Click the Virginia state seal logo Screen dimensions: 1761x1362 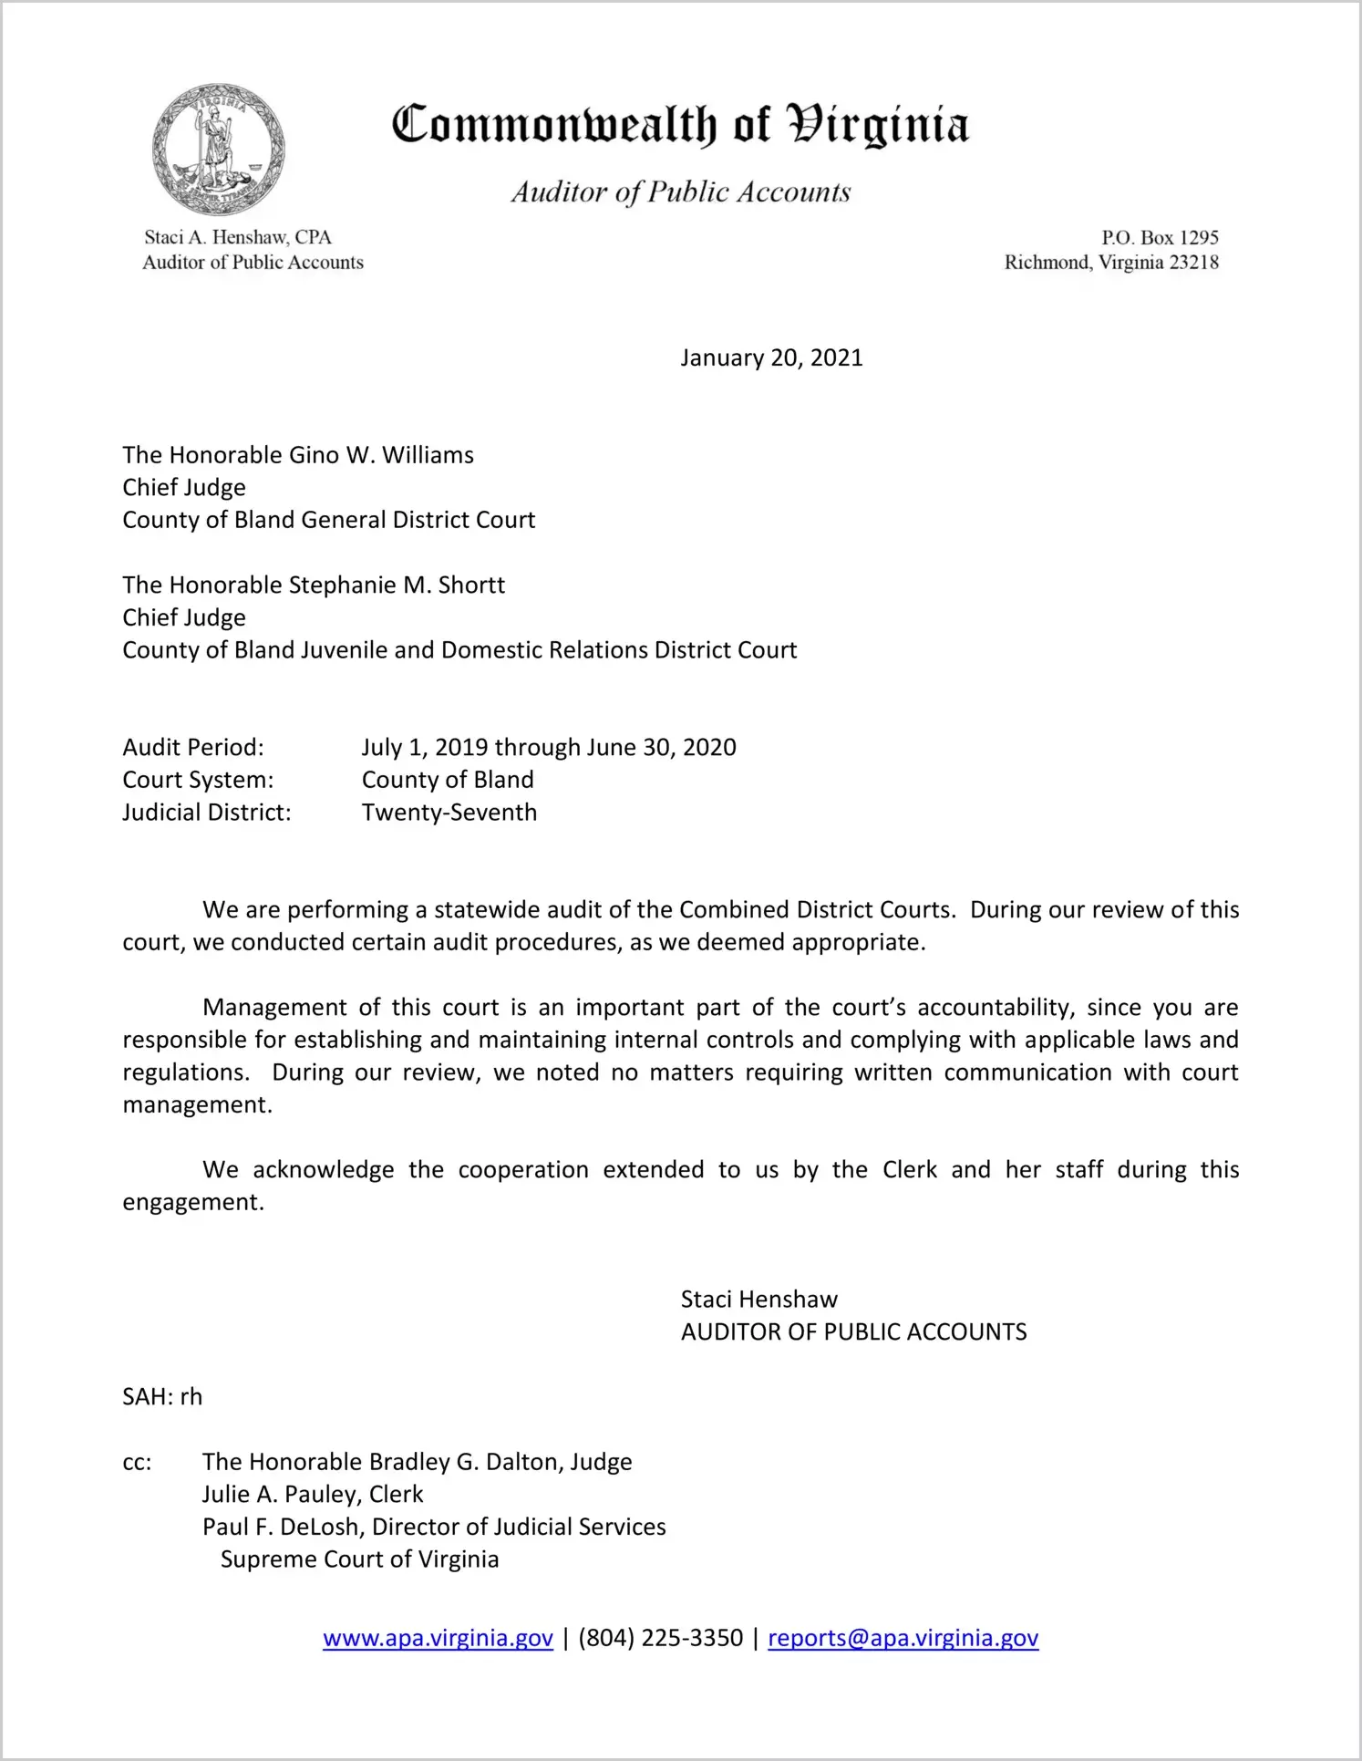(218, 150)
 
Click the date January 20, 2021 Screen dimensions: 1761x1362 (771, 357)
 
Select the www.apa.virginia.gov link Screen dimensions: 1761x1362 (438, 1638)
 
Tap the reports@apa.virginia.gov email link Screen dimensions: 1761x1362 (903, 1638)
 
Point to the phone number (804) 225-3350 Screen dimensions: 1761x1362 (660, 1638)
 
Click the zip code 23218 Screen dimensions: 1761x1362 (1193, 263)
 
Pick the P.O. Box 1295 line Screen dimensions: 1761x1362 (1160, 237)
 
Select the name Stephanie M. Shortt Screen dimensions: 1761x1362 (397, 585)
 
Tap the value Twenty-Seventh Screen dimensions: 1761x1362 (449, 812)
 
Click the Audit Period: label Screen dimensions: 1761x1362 (193, 747)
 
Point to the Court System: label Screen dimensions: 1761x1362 (198, 780)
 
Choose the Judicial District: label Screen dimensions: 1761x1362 (207, 812)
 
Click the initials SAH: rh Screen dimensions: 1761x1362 (162, 1396)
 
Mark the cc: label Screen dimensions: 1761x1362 (137, 1462)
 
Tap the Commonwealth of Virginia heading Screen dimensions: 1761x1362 (680, 125)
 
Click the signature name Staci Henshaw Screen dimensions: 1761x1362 (758, 1299)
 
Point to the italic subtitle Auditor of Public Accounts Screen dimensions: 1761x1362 (680, 192)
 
